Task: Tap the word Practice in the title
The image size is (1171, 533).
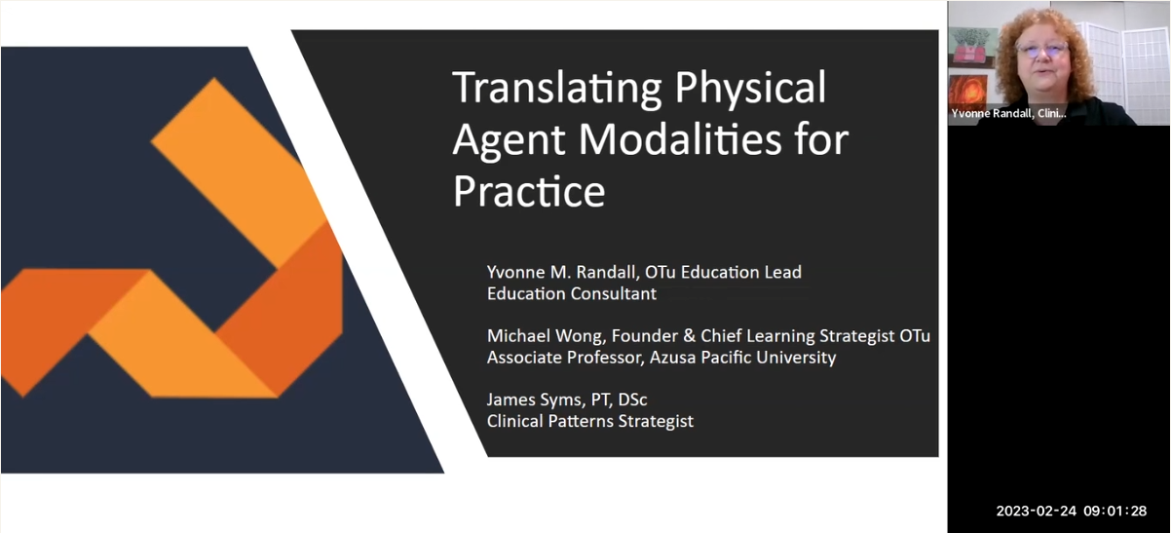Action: (x=528, y=191)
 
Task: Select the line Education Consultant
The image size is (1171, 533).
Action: (x=572, y=293)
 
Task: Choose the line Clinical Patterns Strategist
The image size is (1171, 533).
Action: (x=590, y=422)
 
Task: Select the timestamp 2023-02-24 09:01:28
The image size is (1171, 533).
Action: (x=1071, y=512)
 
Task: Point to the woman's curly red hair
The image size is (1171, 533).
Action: (x=1077, y=49)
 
